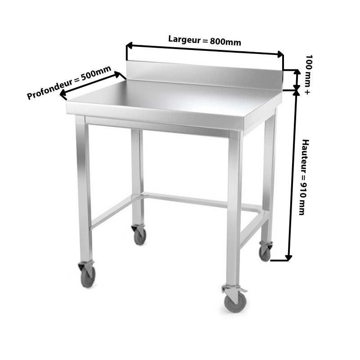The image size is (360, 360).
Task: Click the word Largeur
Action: coord(184,39)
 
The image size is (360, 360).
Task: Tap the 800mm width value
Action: coord(225,42)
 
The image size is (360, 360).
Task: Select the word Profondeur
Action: coord(49,89)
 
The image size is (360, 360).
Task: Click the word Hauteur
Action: coord(305,156)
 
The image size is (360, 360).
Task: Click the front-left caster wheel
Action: coord(88,276)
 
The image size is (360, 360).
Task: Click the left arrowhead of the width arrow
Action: coord(129,45)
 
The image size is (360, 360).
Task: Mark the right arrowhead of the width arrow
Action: coord(280,54)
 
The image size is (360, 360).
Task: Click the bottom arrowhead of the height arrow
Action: coord(288,258)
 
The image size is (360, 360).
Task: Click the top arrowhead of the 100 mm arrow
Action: coord(297,72)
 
